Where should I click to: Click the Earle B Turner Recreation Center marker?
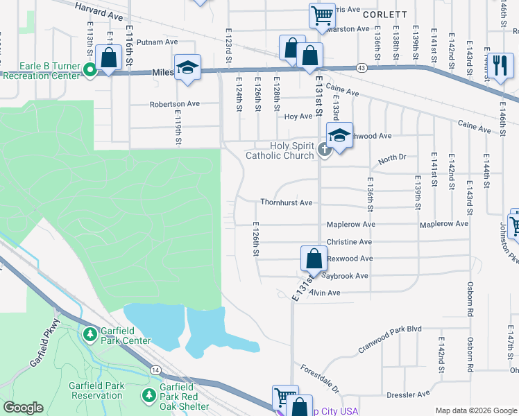[x=90, y=70]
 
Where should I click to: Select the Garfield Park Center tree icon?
[x=90, y=335]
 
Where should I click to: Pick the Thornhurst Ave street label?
[x=286, y=202]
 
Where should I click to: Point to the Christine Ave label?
[x=349, y=242]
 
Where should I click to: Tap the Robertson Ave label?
[x=174, y=104]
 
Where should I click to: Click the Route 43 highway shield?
[x=361, y=67]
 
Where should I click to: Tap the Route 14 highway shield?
[x=155, y=372]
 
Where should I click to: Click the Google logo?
[x=23, y=408]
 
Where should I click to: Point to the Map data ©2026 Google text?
[x=476, y=410]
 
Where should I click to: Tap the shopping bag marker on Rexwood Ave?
[x=314, y=259]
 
